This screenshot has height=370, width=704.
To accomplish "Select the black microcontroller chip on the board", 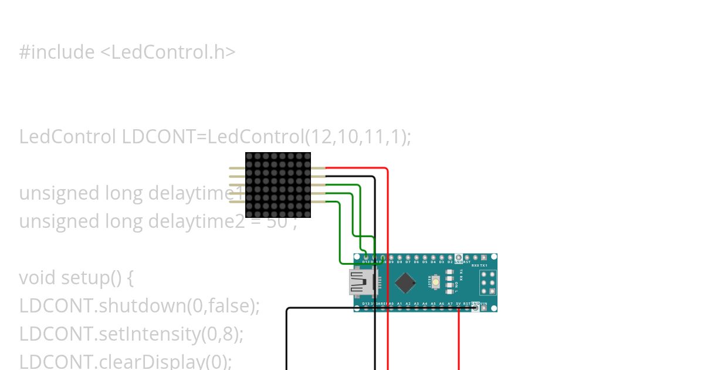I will click(406, 282).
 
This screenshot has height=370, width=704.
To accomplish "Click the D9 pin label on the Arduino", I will click(391, 262).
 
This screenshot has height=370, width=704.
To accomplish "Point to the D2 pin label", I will click(450, 262).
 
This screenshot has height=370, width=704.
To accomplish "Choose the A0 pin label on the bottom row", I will click(391, 304).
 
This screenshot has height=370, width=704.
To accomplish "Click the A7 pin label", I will click(450, 304).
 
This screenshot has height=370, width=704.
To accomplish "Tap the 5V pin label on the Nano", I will click(458, 304).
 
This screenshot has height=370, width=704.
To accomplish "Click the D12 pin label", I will click(366, 262).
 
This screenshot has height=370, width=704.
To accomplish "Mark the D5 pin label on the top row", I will click(425, 262).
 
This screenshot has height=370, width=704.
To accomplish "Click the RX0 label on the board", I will click(475, 265).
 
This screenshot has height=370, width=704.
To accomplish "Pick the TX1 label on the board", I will click(484, 265).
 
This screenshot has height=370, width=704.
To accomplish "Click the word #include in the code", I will click(57, 52).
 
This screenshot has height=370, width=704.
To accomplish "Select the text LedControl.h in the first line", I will click(168, 52).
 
